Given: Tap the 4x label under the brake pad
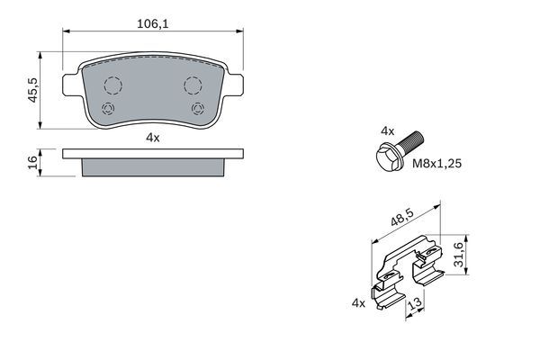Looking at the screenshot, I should click(x=152, y=137).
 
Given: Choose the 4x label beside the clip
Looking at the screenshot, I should click(x=358, y=302).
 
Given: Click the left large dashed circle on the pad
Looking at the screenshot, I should click(x=112, y=86).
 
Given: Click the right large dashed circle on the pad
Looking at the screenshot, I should click(x=192, y=86).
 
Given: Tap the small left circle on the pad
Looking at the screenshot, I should click(x=108, y=110).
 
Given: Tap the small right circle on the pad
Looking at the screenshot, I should click(x=197, y=110).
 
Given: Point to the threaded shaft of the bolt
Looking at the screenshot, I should click(x=414, y=141).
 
